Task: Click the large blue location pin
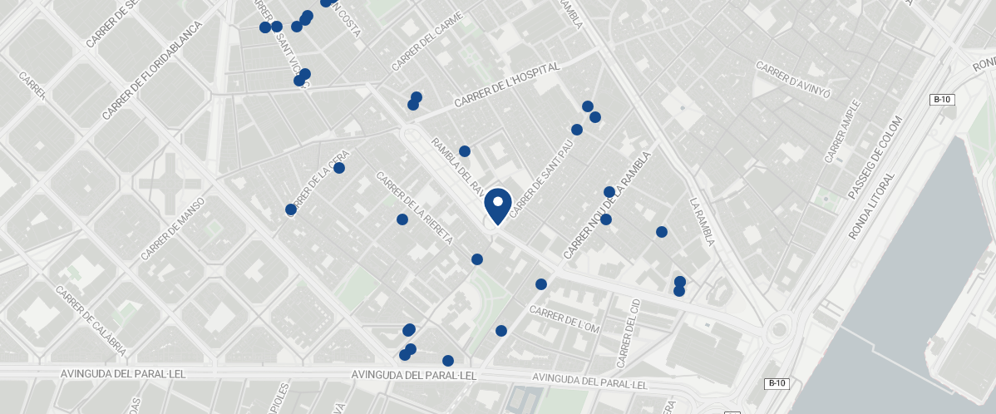click(497, 205)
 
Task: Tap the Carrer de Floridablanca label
click(153, 70)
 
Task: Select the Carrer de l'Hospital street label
click(507, 86)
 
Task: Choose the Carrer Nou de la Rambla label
click(606, 205)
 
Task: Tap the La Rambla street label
click(703, 221)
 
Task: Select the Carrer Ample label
click(843, 131)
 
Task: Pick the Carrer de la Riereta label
click(413, 208)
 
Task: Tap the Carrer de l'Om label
click(565, 318)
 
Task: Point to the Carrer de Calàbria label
click(91, 321)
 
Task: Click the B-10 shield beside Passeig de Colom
click(942, 100)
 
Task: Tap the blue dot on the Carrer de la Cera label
click(339, 168)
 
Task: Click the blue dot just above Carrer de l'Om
click(541, 284)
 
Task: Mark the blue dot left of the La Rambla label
click(662, 232)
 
